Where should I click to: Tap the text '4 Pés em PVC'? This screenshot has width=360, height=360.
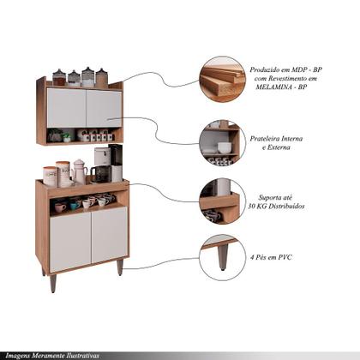point(271,257)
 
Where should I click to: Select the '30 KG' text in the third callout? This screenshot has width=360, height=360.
point(257,206)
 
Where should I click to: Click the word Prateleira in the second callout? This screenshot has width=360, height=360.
point(265,139)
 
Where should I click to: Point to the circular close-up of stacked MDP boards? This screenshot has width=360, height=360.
point(223,79)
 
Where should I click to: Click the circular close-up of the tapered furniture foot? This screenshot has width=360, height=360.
point(223,258)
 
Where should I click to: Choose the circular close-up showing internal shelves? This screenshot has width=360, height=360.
point(223,142)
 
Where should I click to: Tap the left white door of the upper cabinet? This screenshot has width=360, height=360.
point(66,108)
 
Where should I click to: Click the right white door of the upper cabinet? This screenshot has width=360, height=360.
point(104,109)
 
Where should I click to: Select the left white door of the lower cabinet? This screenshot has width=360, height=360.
point(70,242)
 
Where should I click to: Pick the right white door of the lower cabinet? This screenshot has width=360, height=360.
point(110,234)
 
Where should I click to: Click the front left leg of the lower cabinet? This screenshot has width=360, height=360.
point(53,283)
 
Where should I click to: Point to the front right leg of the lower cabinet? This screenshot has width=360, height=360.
point(120,267)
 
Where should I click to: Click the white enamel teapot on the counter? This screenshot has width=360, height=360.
point(79,171)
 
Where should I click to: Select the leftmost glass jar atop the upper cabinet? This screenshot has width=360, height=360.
point(59,77)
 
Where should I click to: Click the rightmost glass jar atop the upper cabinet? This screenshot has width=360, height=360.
point(101,78)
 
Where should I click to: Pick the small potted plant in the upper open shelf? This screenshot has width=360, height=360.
point(67,138)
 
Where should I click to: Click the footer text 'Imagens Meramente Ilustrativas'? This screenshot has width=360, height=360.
point(52,356)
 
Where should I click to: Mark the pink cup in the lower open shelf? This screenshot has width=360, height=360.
point(60,207)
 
